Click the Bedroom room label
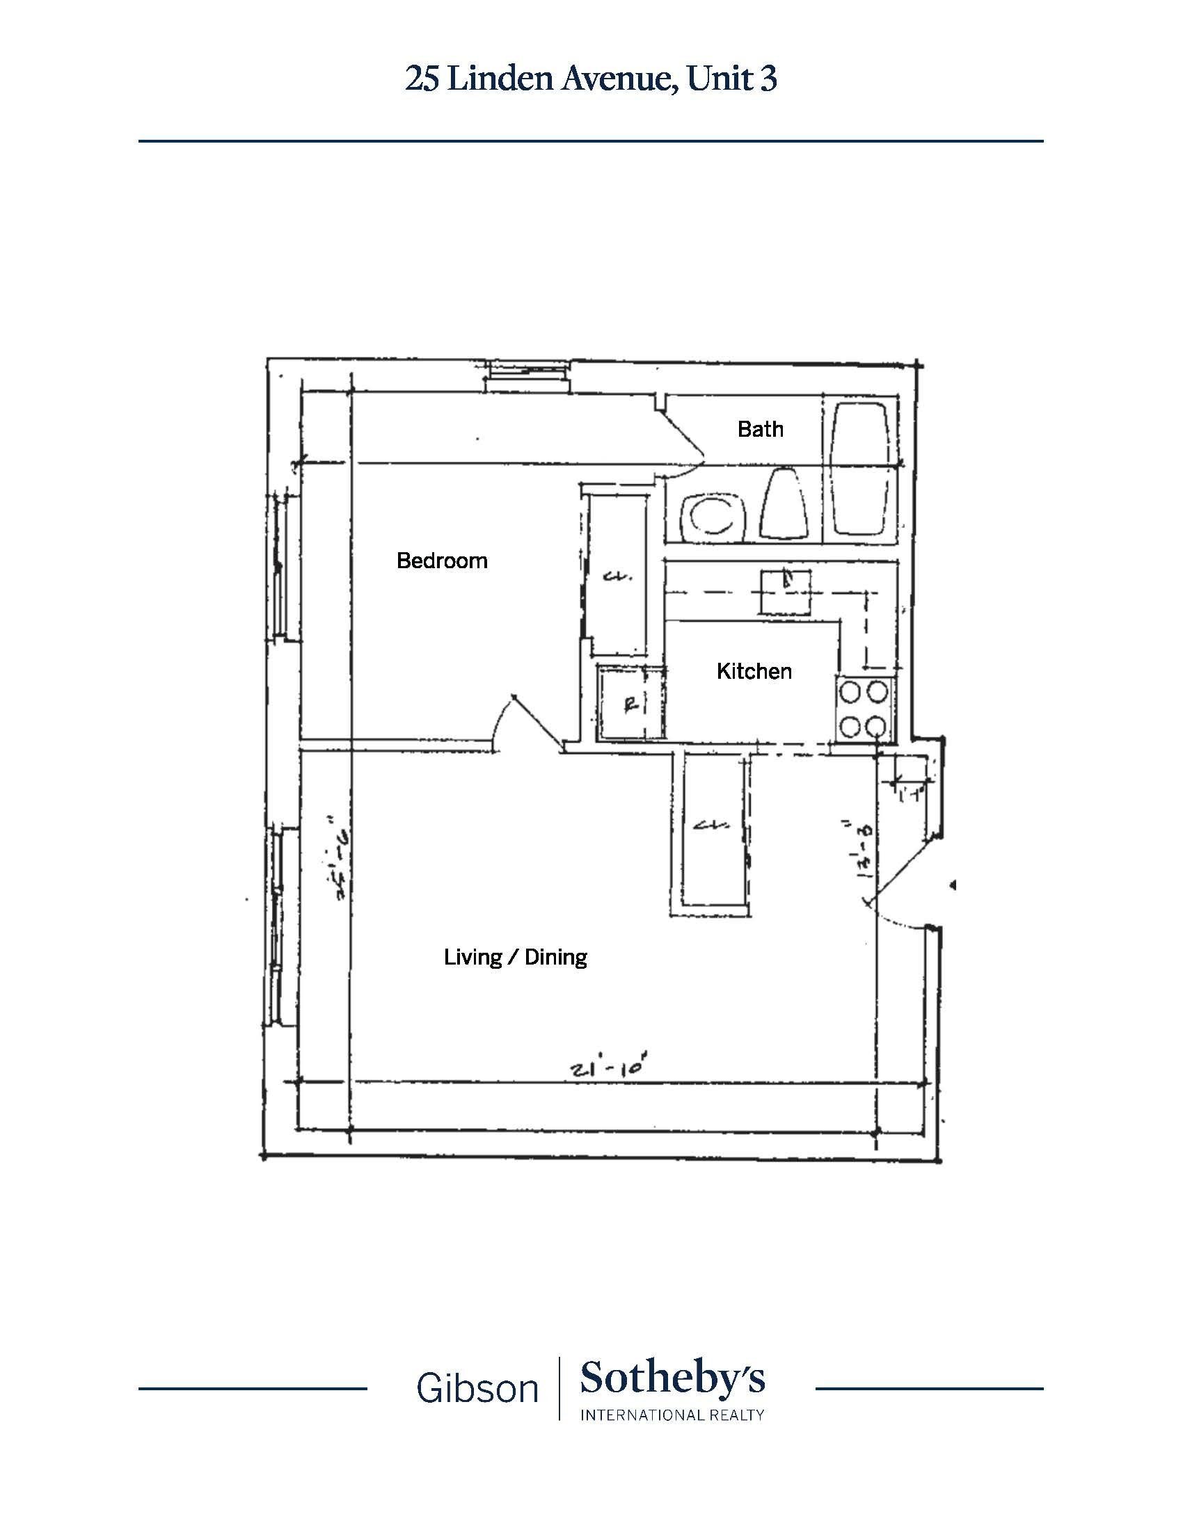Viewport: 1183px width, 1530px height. [x=441, y=561]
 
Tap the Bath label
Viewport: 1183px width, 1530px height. [x=761, y=428]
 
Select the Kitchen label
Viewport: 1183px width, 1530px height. [x=754, y=671]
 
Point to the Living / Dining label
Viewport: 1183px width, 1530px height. [x=515, y=957]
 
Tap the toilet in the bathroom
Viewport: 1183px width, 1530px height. [x=784, y=504]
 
